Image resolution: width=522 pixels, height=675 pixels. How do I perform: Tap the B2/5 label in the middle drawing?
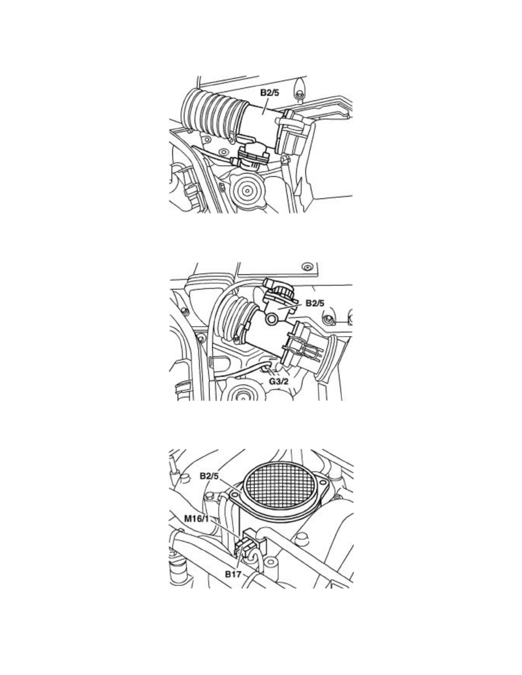(x=315, y=303)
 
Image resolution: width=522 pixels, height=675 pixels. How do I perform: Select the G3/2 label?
(x=279, y=381)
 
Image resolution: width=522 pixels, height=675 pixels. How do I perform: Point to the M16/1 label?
(x=196, y=518)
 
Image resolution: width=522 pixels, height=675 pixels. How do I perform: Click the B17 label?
(x=233, y=574)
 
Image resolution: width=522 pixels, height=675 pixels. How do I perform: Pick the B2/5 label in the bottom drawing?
(x=209, y=476)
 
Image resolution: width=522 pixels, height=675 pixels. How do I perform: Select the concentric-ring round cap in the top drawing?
(x=248, y=188)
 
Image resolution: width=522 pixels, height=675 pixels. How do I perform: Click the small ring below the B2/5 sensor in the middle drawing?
(x=272, y=319)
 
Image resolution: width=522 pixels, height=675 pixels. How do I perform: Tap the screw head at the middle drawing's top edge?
(x=306, y=265)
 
